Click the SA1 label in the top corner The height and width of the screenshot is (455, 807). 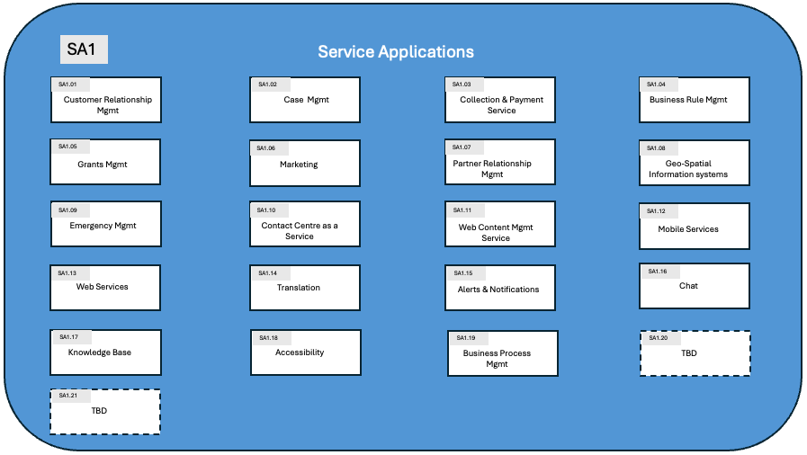[84, 50]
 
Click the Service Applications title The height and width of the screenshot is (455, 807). [396, 51]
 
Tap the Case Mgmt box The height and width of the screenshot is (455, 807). [305, 100]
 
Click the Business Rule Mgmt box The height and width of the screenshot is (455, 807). [694, 100]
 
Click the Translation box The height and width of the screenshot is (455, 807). [305, 287]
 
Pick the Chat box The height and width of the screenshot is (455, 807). [694, 285]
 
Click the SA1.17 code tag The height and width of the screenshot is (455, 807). [69, 337]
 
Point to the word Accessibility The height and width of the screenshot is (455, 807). [300, 352]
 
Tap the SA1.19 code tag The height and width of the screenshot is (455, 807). [466, 338]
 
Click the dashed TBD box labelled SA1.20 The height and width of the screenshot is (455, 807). [695, 353]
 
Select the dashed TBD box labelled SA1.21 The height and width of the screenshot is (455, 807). [105, 412]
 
